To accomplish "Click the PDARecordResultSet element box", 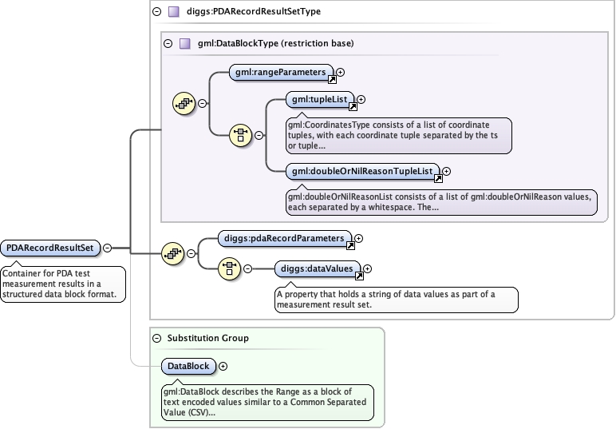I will pyautogui.click(x=51, y=248).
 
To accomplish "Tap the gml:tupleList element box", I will pyautogui.click(x=319, y=100).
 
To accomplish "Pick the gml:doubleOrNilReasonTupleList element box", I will pyautogui.click(x=362, y=170).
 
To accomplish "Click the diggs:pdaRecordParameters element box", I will pyautogui.click(x=284, y=238).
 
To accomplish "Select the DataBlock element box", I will pyautogui.click(x=188, y=366).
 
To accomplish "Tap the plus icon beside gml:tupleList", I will pyautogui.click(x=361, y=100).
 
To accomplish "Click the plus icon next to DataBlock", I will pyautogui.click(x=223, y=366).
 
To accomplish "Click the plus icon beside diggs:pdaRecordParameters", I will pyautogui.click(x=359, y=238).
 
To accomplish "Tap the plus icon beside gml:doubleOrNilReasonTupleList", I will pyautogui.click(x=446, y=170).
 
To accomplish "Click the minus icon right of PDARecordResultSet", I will pyautogui.click(x=107, y=248).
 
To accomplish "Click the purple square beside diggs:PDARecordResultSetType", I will pyautogui.click(x=172, y=12).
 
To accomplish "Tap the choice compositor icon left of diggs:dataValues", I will pyautogui.click(x=230, y=268).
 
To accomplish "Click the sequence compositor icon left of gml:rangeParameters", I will pyautogui.click(x=184, y=103).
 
